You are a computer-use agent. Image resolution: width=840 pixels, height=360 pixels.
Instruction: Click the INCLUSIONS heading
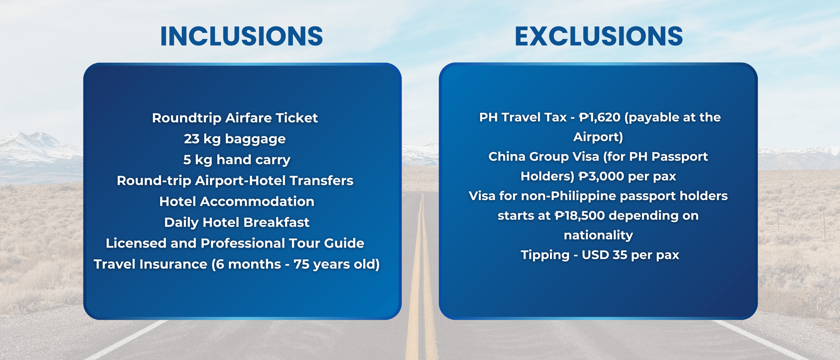(241, 36)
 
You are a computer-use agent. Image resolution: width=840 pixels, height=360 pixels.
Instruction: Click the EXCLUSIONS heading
(598, 36)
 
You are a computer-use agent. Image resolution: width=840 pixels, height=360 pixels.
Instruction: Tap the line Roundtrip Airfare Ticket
(235, 118)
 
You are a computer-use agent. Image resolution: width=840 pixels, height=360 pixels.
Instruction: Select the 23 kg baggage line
(235, 139)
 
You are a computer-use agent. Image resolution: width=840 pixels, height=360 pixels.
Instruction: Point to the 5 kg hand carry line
(236, 160)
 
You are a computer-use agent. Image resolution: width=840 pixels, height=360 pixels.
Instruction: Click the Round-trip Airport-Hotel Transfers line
(235, 181)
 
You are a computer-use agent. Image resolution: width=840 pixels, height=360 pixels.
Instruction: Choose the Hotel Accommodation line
(236, 202)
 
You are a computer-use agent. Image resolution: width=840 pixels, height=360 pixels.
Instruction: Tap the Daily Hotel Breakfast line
(236, 222)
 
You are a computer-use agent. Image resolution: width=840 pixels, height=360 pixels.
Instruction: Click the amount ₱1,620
(599, 117)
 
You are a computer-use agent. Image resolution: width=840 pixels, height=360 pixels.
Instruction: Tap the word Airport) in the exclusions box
(598, 137)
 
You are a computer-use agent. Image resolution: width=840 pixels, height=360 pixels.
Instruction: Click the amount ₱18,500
(580, 215)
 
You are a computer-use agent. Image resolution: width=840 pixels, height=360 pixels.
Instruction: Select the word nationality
(598, 235)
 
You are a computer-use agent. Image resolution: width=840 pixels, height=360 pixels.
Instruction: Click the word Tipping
(545, 255)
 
